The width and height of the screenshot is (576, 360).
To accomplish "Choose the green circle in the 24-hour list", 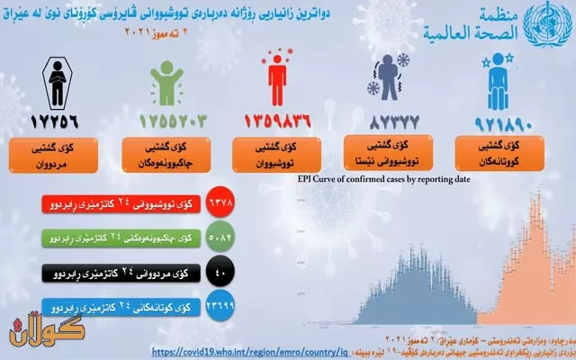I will [220, 238].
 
